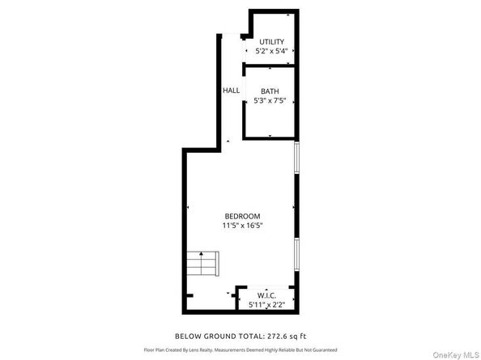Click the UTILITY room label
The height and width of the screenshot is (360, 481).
(x=271, y=41)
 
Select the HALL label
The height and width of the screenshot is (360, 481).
(x=231, y=90)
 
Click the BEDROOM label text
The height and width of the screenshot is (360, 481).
(x=242, y=216)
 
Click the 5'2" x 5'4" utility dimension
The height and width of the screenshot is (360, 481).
(x=271, y=50)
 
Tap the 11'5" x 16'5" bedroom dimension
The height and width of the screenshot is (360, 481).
(x=242, y=225)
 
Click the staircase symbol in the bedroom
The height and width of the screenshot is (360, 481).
(x=202, y=264)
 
